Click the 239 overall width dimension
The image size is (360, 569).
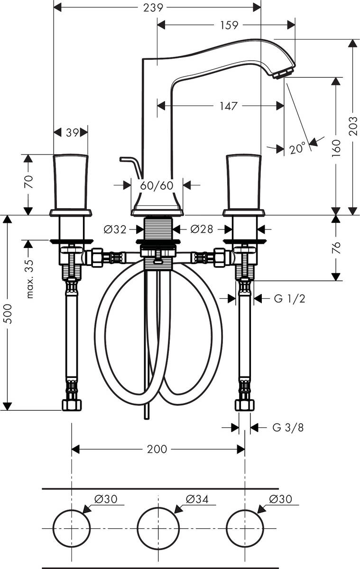157,8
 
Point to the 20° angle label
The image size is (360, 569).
297,149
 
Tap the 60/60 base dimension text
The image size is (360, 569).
157,185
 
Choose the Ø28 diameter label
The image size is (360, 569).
202,229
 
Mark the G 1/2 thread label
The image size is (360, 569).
289,298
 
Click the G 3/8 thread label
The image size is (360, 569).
288,428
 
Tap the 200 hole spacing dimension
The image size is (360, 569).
157,449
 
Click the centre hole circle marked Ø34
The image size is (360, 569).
158,528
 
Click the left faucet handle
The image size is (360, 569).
71,183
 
